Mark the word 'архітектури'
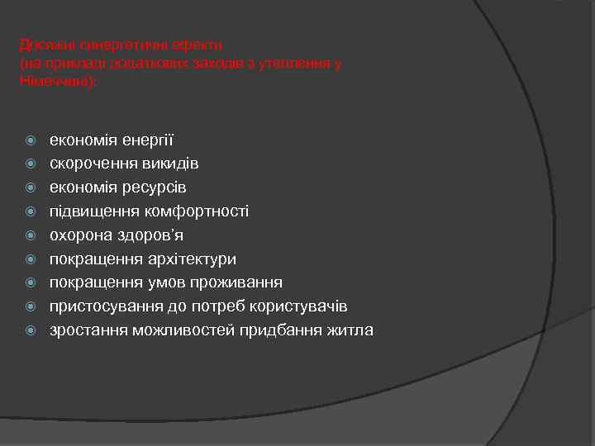pyautogui.click(x=191, y=259)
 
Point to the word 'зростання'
pyautogui.click(x=83, y=330)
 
